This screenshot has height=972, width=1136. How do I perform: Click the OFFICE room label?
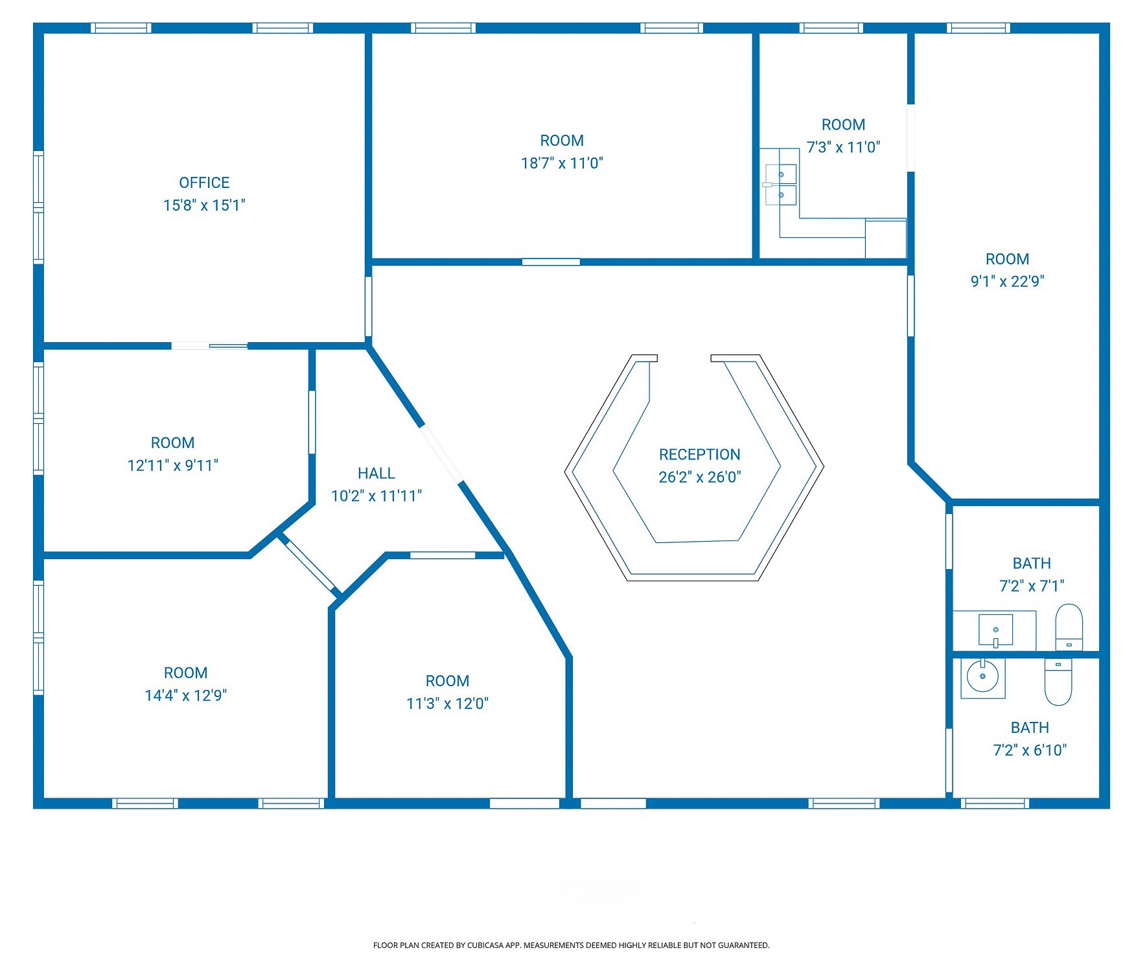click(x=204, y=183)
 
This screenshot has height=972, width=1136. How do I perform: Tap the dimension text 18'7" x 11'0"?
click(x=562, y=163)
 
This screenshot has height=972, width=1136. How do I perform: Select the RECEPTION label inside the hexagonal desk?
click(x=699, y=454)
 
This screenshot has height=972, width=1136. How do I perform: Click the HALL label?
click(x=376, y=473)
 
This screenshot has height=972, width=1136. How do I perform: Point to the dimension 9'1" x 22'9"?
click(x=1007, y=281)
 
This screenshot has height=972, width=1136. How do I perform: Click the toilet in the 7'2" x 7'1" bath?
click(x=1069, y=627)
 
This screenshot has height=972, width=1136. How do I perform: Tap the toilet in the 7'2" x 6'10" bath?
click(x=1058, y=682)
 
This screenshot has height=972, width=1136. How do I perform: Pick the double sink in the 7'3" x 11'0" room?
click(x=781, y=185)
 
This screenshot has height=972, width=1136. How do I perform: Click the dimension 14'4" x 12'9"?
click(x=185, y=695)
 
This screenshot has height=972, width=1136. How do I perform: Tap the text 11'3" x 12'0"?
click(x=447, y=704)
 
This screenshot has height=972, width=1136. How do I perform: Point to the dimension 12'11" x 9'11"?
click(x=172, y=465)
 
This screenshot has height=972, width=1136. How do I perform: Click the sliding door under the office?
click(x=209, y=346)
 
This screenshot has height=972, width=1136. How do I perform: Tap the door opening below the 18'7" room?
click(x=551, y=262)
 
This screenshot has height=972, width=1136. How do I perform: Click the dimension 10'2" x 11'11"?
click(x=376, y=496)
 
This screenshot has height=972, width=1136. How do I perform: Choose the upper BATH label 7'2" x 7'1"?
click(x=1031, y=563)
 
